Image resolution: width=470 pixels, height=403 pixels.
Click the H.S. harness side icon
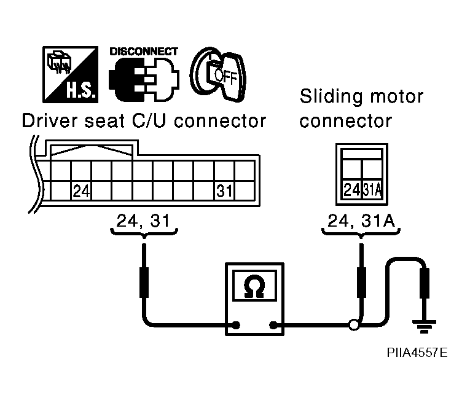coord(71,74)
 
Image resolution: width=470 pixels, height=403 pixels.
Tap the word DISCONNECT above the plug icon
coord(144,52)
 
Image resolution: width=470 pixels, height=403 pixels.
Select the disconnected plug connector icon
coord(144,79)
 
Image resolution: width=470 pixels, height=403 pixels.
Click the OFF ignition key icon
coord(218,74)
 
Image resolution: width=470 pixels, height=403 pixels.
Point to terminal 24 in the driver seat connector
coord(81,191)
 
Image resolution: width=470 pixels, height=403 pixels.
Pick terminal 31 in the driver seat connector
coord(224,191)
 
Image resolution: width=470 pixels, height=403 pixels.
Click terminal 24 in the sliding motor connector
coord(352,190)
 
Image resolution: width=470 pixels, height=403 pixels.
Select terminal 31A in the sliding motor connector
coord(372,190)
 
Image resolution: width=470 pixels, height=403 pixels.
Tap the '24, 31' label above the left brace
coord(143,221)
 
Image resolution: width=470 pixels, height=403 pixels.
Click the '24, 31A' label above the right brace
coord(361,221)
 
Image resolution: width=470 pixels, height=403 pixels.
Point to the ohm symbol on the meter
coord(254,286)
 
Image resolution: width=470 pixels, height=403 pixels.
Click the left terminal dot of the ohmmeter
coord(236,325)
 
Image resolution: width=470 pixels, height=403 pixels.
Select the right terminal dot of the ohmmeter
coord(273,325)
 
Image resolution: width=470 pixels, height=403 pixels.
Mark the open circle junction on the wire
coord(354,325)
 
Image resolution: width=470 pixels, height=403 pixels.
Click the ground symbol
coord(424,326)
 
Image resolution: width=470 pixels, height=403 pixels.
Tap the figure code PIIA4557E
coord(417,353)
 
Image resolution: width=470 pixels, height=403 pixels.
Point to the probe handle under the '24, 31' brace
coord(144,283)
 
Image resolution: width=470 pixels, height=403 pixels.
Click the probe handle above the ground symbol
coord(424,283)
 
